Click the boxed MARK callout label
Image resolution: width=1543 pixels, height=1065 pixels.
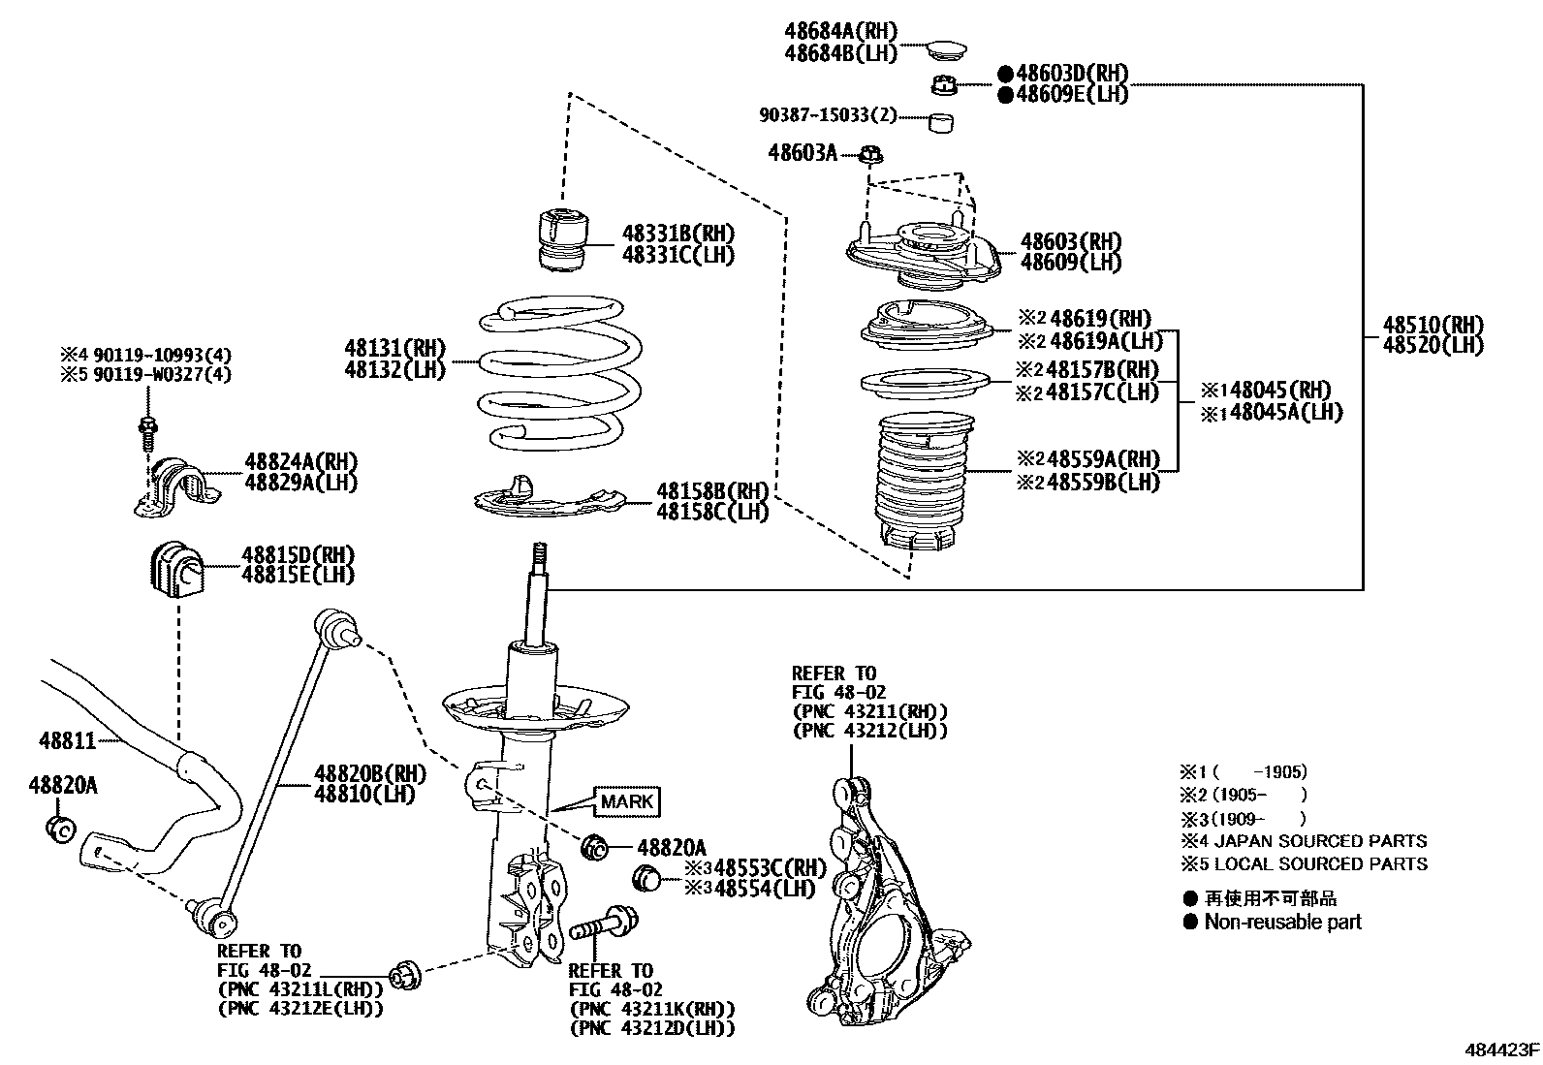click(x=627, y=801)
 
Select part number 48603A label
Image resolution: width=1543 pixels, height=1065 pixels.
click(x=802, y=152)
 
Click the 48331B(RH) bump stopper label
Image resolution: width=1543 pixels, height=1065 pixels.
click(x=677, y=234)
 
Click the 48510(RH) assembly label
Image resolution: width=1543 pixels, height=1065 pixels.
click(x=1433, y=325)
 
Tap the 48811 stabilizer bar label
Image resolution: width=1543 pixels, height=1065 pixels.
click(x=67, y=741)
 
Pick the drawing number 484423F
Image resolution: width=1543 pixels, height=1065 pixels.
click(x=1501, y=1049)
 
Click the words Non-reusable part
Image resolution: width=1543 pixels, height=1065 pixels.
click(x=1281, y=923)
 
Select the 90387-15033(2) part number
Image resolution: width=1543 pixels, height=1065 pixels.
click(x=828, y=115)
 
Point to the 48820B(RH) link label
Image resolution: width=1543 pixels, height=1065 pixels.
click(x=369, y=773)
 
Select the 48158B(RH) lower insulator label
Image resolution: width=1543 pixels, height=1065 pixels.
click(x=712, y=490)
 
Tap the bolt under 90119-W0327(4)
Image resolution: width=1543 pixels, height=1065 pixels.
click(x=147, y=431)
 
